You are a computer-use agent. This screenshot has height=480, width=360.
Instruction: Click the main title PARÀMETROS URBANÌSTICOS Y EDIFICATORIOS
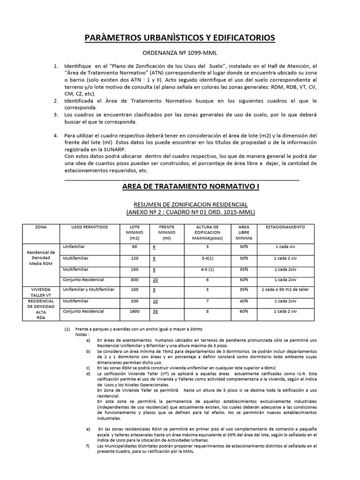click(180, 37)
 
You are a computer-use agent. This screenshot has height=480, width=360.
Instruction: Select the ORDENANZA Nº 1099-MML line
click(180, 54)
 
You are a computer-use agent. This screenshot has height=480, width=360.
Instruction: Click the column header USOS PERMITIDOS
click(90, 227)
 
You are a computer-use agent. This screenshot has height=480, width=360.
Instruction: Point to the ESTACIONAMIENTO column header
click(285, 227)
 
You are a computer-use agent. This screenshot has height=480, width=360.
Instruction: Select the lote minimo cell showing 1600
click(135, 311)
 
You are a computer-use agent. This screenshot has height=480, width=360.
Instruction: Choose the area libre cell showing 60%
click(243, 311)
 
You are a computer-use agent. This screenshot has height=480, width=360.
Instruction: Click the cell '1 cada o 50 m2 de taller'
click(285, 290)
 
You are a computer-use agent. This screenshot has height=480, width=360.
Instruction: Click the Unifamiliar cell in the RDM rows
click(74, 246)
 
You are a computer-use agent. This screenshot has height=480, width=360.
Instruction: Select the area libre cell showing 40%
click(243, 301)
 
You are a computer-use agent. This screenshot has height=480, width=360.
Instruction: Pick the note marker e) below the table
click(89, 429)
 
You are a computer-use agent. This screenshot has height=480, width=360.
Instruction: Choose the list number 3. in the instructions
click(56, 114)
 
